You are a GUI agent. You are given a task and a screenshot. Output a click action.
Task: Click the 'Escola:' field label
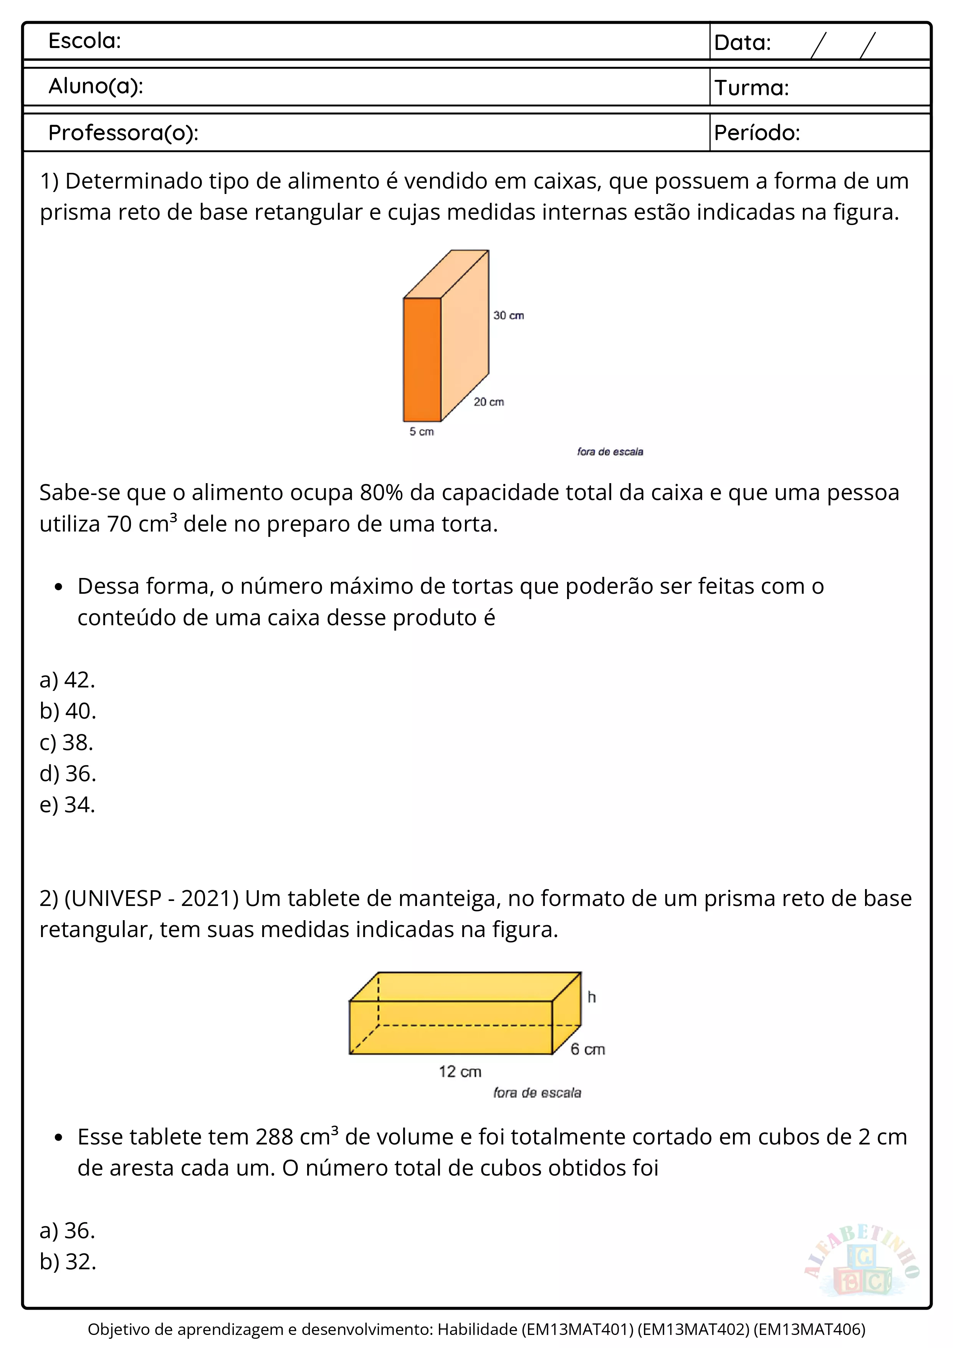coord(84,41)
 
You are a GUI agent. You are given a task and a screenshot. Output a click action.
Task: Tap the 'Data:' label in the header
coord(742,43)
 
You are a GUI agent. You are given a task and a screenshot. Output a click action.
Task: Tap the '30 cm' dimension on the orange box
coord(508,316)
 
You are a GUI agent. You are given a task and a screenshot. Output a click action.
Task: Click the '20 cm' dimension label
coord(489,402)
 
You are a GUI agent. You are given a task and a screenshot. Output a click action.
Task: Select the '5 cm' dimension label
coord(421,432)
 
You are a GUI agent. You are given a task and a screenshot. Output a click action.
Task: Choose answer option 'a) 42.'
coord(67,680)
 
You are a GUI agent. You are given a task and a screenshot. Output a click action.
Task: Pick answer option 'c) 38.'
coord(66,743)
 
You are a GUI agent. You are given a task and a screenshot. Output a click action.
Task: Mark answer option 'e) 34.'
coord(67,805)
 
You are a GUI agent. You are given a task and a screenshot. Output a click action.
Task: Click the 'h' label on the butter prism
coord(592,997)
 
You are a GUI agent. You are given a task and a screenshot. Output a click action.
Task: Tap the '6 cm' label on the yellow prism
coord(587,1049)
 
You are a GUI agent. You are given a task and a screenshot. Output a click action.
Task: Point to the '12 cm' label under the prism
coord(460,1072)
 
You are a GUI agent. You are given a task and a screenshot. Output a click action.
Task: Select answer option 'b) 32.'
coord(68,1262)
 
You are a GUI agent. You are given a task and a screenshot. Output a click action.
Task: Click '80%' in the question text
coord(381,493)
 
